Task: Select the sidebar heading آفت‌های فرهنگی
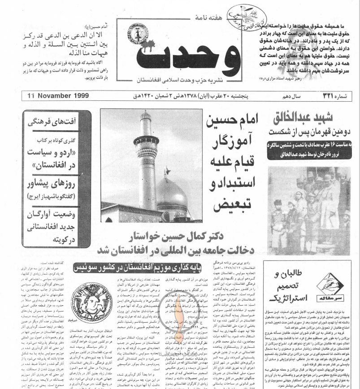pos(59,121)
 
